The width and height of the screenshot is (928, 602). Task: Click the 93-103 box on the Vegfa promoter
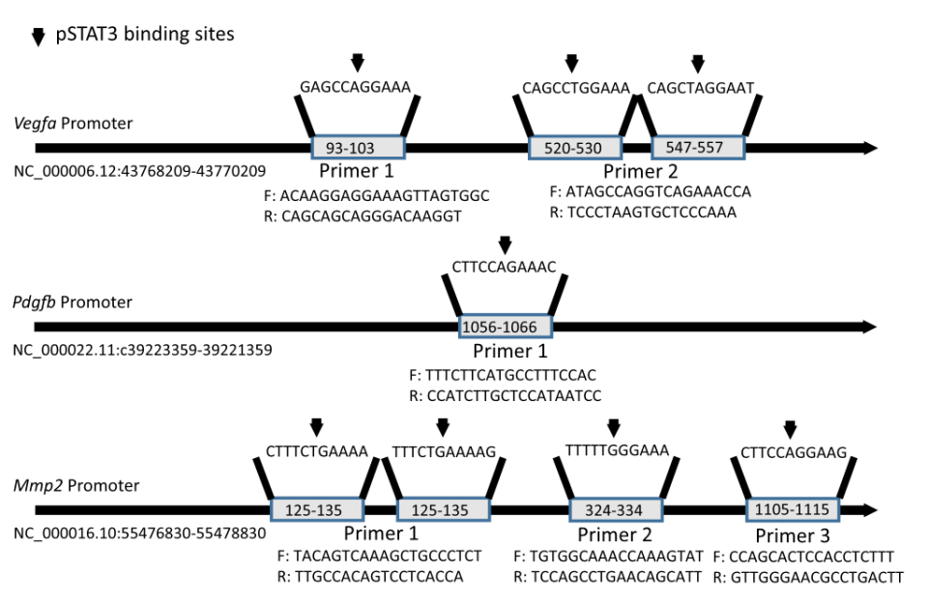click(358, 148)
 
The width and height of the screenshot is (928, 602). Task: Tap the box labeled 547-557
click(698, 148)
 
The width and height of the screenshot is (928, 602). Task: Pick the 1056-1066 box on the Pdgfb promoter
click(505, 327)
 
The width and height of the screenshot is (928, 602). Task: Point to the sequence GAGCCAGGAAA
click(355, 88)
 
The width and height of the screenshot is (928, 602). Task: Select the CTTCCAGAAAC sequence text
click(504, 267)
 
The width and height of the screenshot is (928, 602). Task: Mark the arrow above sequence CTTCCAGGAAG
click(790, 428)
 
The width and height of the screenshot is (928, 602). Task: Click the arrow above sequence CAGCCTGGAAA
click(571, 63)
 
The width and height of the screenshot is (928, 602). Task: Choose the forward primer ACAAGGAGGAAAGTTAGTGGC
click(376, 196)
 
